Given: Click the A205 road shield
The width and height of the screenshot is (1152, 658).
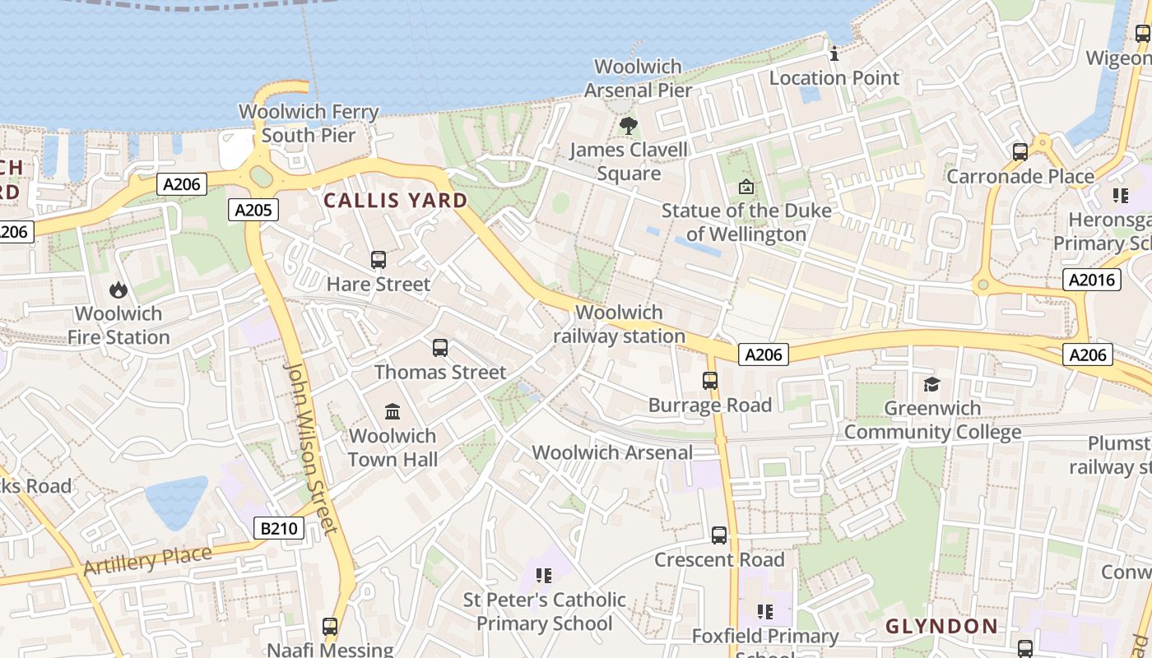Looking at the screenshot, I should (253, 210).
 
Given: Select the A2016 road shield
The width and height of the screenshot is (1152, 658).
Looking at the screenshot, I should (1092, 280).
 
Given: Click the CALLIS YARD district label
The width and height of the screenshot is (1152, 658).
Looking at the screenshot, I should (395, 200).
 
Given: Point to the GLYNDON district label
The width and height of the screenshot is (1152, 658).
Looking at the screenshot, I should (941, 626).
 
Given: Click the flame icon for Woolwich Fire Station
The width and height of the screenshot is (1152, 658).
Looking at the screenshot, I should (118, 290).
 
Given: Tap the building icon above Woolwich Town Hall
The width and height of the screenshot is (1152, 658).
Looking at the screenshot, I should (393, 411).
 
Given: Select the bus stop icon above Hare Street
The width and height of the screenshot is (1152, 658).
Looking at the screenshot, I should (379, 260).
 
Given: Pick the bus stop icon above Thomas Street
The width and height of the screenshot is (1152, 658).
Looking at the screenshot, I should (440, 347).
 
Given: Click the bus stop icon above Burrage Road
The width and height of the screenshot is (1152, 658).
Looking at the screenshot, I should (710, 381).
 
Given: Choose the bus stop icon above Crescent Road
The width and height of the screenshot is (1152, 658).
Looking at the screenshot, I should (719, 535).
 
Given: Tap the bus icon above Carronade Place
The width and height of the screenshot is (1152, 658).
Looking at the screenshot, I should (1020, 152).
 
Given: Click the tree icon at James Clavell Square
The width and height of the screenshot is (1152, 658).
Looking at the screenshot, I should (629, 126).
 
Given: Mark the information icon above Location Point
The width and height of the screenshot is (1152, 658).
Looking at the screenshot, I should (834, 54).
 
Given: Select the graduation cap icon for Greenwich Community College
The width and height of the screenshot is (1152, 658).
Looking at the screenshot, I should (931, 384).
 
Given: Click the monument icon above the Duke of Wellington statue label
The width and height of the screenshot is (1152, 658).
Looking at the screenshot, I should (746, 187).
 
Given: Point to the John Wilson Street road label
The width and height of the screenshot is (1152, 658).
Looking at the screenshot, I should (311, 447).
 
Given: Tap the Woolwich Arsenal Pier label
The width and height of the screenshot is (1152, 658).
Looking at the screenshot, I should (638, 78).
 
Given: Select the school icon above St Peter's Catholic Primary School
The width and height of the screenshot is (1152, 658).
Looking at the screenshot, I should (543, 575).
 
